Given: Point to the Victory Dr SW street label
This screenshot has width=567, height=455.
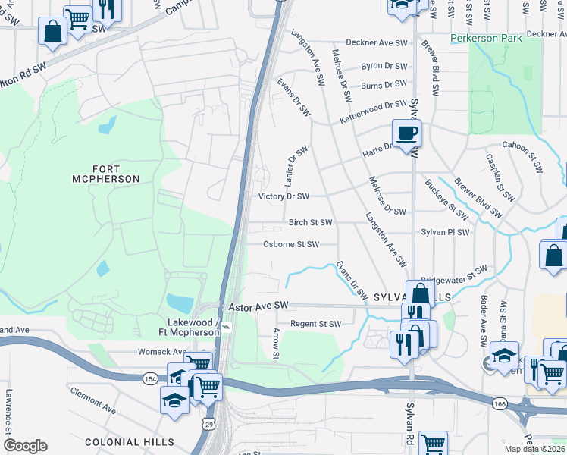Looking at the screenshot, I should coord(284,196).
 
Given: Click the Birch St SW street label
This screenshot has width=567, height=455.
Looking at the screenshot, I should coord(310,223).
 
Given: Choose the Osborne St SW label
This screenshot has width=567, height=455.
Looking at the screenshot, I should coord(290,244).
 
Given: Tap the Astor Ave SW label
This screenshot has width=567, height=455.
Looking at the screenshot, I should coord(259,305).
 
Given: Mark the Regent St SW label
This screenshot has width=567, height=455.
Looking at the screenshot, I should coord(315,324).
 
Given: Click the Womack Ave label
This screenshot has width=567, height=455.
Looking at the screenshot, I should coord(161,352).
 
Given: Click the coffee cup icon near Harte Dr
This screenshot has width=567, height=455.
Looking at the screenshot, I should coord(406,133).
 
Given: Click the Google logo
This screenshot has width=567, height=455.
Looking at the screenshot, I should coord(25,446).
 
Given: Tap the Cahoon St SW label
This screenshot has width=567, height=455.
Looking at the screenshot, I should coord(529,146).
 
